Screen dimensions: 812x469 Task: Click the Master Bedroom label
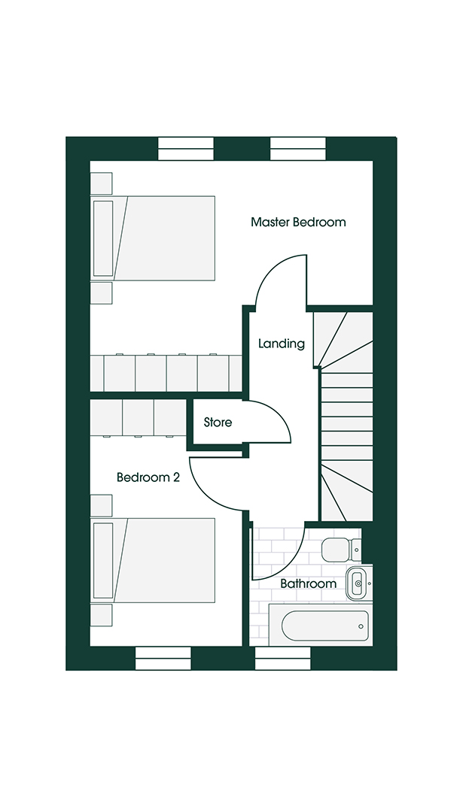tap(298, 223)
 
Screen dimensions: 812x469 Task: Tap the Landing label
tap(282, 344)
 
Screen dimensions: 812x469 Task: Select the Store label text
tap(218, 423)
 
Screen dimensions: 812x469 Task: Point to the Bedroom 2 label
tap(148, 477)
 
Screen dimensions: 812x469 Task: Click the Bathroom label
tap(308, 583)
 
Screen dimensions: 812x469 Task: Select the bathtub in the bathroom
tap(328, 626)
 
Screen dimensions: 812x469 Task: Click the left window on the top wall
tap(186, 149)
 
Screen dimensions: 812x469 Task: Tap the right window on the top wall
tap(298, 149)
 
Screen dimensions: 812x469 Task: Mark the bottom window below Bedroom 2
tap(163, 659)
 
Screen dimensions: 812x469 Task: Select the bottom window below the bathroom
tap(283, 659)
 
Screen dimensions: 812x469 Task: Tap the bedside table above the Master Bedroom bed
tap(101, 183)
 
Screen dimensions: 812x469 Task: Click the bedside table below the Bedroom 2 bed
tap(101, 615)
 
